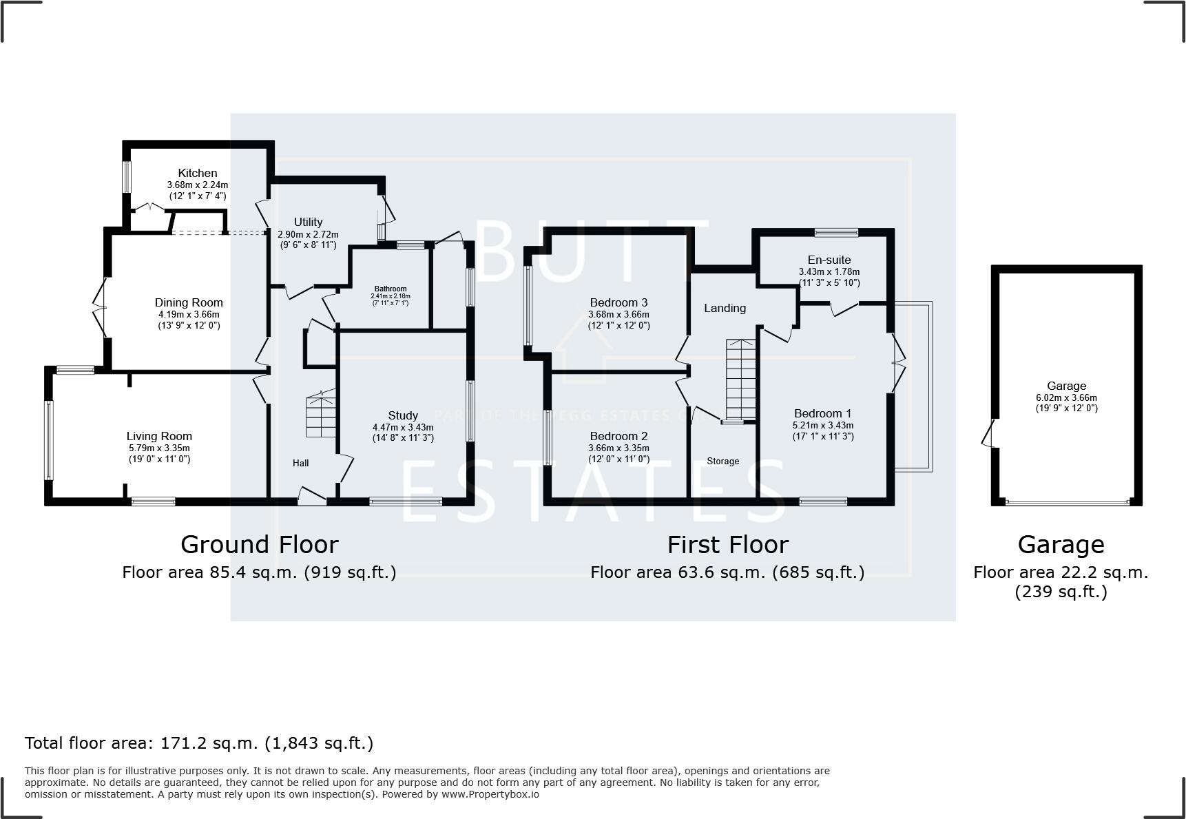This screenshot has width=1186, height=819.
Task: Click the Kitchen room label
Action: click(198, 173)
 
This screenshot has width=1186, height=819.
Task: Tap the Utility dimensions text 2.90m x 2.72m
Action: click(308, 234)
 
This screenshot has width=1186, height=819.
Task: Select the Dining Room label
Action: click(189, 302)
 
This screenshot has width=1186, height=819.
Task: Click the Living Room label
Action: click(159, 436)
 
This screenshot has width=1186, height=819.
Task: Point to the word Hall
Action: click(300, 463)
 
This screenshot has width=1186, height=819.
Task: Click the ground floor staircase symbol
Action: click(321, 413)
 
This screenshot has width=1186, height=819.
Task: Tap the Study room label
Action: click(403, 415)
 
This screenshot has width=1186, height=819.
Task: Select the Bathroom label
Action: click(391, 289)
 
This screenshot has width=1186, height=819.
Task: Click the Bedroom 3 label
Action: click(618, 302)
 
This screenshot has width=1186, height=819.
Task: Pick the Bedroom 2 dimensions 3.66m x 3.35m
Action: click(618, 448)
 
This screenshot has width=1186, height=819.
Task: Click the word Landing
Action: click(725, 308)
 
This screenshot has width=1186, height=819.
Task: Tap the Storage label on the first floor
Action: click(722, 461)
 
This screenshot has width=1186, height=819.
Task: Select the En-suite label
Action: click(829, 260)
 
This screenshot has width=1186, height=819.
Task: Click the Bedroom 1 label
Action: click(822, 413)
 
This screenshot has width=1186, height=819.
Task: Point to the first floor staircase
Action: click(740, 379)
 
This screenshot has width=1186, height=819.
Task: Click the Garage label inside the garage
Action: click(1066, 386)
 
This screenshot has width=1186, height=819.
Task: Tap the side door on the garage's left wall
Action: click(990, 434)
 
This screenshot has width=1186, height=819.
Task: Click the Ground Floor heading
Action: click(260, 544)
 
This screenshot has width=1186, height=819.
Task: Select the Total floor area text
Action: click(199, 743)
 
